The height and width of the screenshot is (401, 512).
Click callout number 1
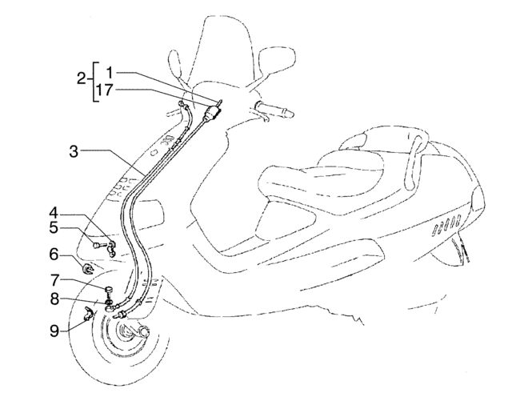pos(110,73)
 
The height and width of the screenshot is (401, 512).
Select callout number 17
pos(105,90)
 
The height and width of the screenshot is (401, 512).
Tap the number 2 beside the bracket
pos(82,78)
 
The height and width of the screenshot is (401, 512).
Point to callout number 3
pos(74,152)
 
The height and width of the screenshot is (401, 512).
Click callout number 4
pos(54,213)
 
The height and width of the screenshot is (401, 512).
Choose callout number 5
pos(54,227)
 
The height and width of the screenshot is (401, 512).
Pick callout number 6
pos(54,255)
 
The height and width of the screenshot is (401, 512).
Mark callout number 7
pos(54,280)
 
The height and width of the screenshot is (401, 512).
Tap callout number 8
pos(54,299)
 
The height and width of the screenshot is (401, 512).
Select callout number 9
pos(54,331)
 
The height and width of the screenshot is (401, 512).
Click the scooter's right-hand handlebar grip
pos(275,110)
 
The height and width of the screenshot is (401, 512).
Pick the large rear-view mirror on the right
pos(277,62)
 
